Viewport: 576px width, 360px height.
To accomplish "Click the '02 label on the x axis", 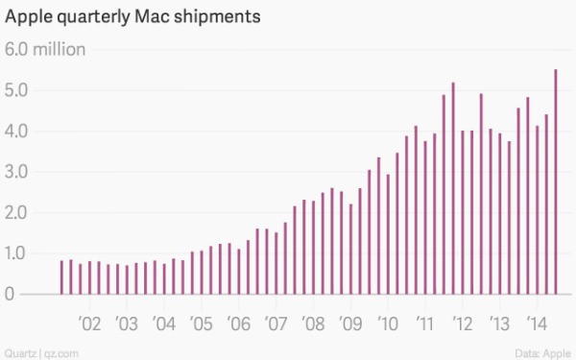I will [89, 321].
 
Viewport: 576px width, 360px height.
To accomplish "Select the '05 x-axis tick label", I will [201, 321].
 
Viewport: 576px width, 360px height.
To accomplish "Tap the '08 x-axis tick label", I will [312, 321].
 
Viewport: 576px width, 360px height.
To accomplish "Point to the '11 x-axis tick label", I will [423, 321].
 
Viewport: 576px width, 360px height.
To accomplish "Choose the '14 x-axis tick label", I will [535, 321].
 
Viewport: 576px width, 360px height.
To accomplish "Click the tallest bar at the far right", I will [557, 182].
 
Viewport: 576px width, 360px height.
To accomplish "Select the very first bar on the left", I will [61, 277].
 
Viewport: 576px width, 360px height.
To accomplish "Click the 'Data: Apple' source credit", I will [542, 352].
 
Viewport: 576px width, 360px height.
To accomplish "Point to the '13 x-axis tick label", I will [497, 321].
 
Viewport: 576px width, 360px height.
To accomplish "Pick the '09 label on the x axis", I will [349, 321].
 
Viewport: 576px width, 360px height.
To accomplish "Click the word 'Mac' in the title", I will [166, 17].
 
